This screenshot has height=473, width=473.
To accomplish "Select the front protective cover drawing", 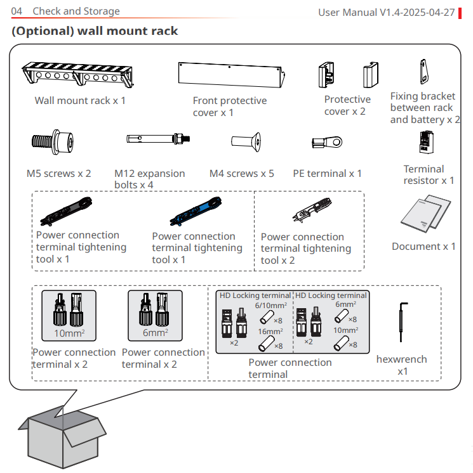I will pyautogui.click(x=230, y=75).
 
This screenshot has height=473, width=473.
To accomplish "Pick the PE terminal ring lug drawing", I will pyautogui.click(x=327, y=141).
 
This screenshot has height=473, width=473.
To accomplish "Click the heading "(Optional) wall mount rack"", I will pyautogui.click(x=95, y=31).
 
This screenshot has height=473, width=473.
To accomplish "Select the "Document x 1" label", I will pyautogui.click(x=423, y=246).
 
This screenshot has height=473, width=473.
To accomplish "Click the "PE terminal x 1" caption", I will pyautogui.click(x=328, y=173).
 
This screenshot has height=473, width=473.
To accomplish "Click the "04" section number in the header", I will pyautogui.click(x=17, y=11).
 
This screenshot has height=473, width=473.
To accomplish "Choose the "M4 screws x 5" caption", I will pyautogui.click(x=242, y=173).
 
